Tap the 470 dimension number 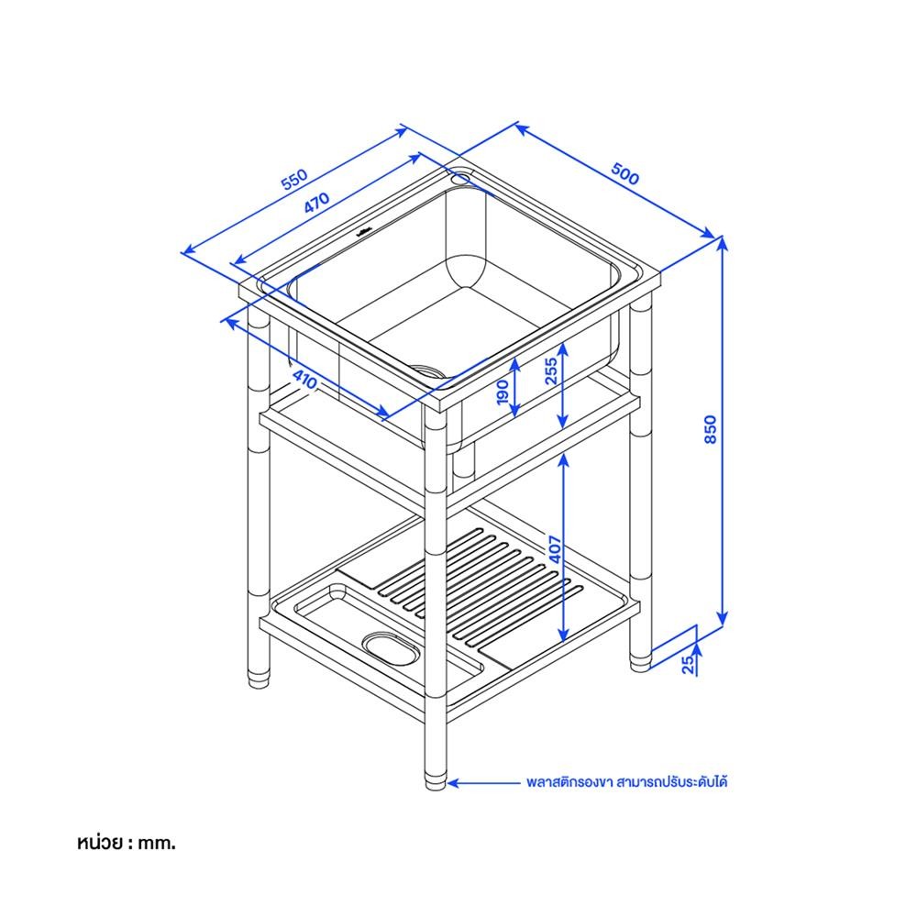coord(316,203)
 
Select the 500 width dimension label coord(625,173)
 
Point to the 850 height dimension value coord(710,429)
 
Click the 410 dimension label coord(304,381)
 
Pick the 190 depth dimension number coord(503,392)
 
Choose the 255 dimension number coord(551,370)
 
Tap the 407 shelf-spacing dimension coord(555,549)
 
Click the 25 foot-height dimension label coord(690,664)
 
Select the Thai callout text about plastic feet coord(627,782)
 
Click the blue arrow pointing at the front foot coord(483,783)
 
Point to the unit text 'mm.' coord(157,844)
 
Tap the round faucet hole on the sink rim coord(461,177)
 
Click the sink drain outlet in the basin coord(428,372)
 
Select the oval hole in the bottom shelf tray coord(390,646)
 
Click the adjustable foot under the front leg coord(435,781)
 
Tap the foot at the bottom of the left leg coord(259,679)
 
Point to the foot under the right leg coord(640,662)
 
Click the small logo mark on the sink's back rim coord(364,232)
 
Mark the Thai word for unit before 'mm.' coord(99,843)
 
